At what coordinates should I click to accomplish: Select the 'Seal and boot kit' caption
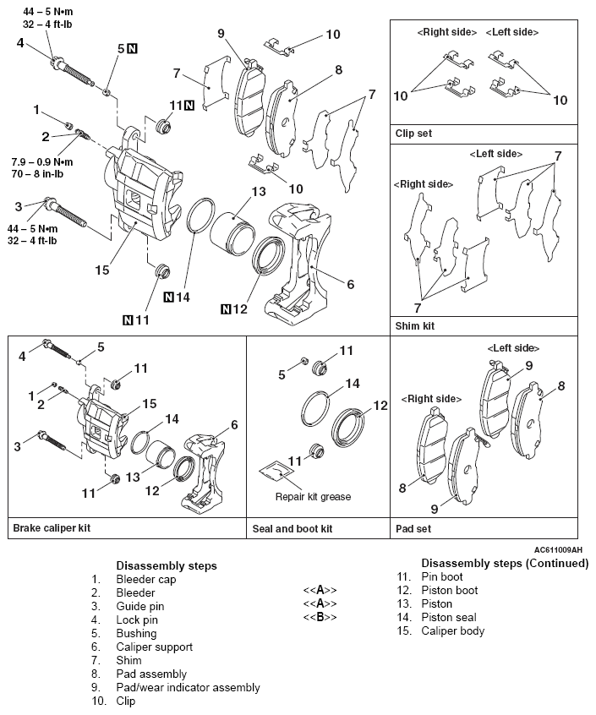tap(293, 527)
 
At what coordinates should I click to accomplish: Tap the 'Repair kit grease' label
tap(313, 496)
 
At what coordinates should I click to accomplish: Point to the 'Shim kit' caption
tap(416, 325)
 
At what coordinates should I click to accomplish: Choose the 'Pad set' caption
tap(413, 527)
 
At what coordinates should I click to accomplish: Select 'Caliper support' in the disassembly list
tap(154, 647)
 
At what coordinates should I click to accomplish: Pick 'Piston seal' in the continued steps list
tap(448, 617)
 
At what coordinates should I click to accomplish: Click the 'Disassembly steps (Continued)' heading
tap(504, 563)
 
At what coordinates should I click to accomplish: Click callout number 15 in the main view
tap(101, 270)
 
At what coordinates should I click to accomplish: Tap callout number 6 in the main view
tap(350, 285)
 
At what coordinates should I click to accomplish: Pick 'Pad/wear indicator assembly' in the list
tap(188, 687)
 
